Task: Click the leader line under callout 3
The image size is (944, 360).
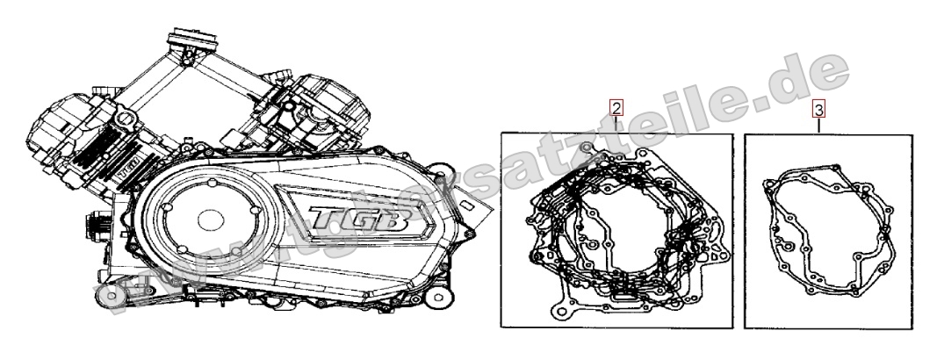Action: [x=818, y=125]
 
